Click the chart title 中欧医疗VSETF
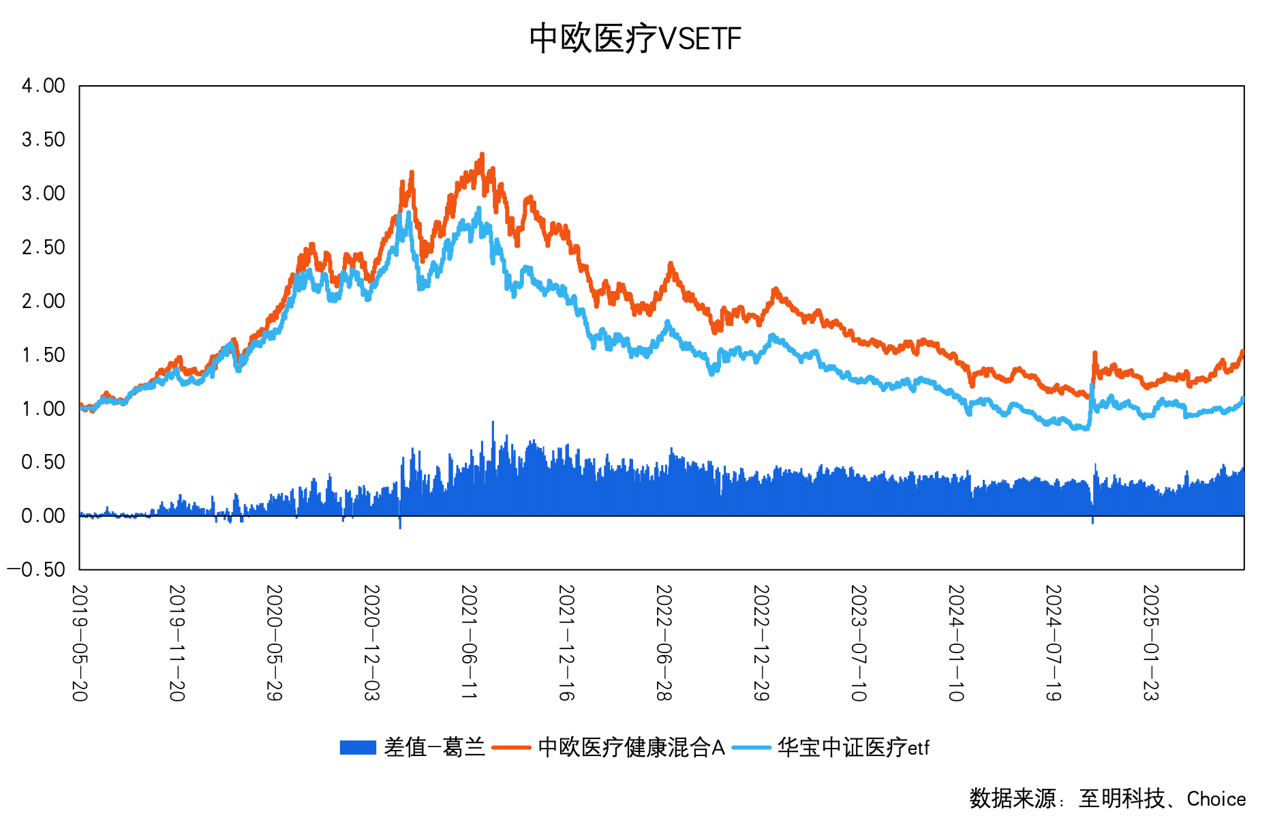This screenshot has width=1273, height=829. [x=634, y=39]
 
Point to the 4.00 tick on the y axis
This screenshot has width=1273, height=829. [x=44, y=86]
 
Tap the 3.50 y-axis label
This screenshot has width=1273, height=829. [x=44, y=140]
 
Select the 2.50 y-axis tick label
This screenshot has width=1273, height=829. [x=44, y=247]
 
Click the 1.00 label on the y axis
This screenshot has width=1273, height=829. [x=44, y=409]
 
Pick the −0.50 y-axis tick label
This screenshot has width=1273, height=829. [x=37, y=570]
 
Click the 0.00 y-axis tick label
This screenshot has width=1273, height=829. [x=44, y=516]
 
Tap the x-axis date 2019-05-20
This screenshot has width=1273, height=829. [x=80, y=642]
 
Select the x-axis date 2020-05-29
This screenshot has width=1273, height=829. [x=274, y=642]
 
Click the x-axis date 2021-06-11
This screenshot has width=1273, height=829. [x=469, y=642]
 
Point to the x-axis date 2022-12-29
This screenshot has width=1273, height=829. [x=761, y=642]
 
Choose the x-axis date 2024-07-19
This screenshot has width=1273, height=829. [x=1054, y=642]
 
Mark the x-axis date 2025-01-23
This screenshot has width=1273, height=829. [x=1151, y=642]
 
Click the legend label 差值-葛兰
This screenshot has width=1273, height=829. [x=434, y=748]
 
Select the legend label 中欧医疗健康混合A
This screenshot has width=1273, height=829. [x=631, y=748]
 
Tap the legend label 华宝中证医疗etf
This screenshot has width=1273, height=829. [x=853, y=748]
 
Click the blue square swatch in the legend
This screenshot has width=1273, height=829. [x=358, y=748]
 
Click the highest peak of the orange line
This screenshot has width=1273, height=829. [x=482, y=155]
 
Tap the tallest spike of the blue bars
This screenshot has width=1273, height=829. [x=493, y=423]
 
